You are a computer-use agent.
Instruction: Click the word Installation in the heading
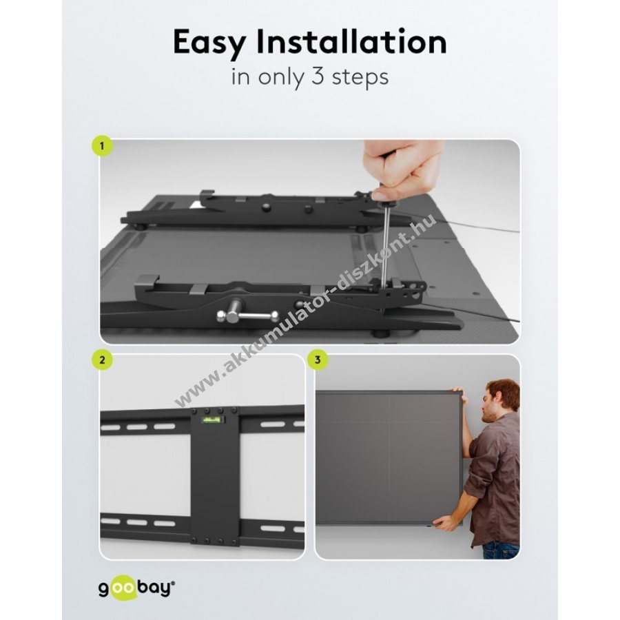tap(351, 41)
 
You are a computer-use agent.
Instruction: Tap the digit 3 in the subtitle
tap(318, 76)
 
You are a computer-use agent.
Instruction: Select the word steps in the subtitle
tap(360, 78)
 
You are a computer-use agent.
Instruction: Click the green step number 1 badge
tap(102, 146)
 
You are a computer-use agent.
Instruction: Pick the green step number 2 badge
tap(103, 360)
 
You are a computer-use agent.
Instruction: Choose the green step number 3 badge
tap(318, 360)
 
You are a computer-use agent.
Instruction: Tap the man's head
tap(501, 400)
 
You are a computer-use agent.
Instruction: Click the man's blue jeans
tap(502, 550)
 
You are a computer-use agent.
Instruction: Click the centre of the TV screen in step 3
tap(389, 457)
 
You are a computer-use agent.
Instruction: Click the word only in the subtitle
tap(282, 78)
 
